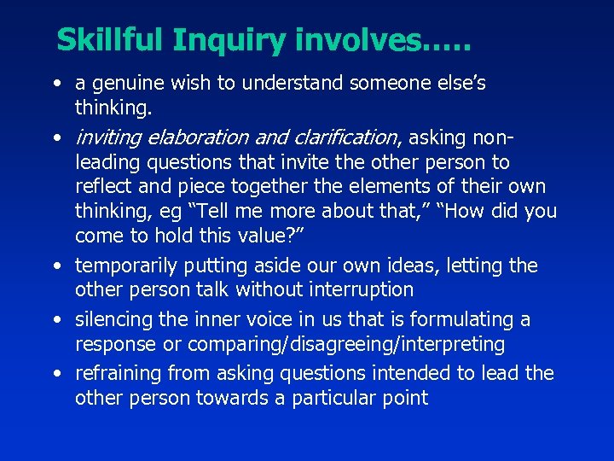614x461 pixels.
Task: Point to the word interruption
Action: coord(358,289)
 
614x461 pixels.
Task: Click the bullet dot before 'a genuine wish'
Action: coord(55,84)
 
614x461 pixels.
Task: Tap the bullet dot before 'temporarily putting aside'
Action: coord(55,266)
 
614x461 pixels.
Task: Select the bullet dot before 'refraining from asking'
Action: coord(55,374)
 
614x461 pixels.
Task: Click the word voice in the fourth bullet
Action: coord(258,319)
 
